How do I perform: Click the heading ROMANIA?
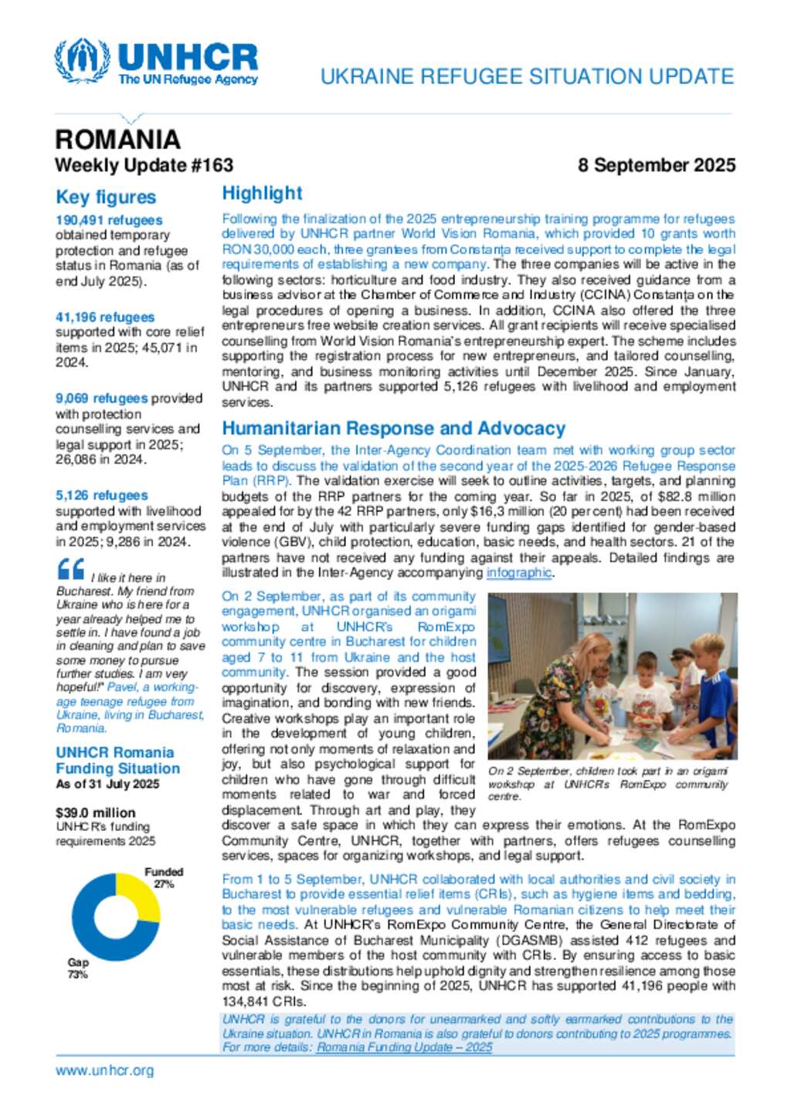pos(117,140)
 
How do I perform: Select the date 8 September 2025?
pos(656,165)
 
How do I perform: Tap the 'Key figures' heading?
pos(106,198)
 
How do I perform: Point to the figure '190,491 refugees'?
pos(109,221)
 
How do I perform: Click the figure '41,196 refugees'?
pos(105,317)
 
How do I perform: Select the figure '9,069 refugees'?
pos(101,398)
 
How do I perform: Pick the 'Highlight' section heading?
pos(262,194)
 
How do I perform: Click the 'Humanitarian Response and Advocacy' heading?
pos(393,429)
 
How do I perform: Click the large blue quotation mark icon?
pos(70,570)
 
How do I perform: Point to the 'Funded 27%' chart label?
pos(164,878)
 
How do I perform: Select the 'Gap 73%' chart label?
pos(78,968)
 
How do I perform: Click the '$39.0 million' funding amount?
pos(95,813)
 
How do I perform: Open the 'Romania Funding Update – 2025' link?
pos(404,1048)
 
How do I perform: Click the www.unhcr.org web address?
pos(104,1071)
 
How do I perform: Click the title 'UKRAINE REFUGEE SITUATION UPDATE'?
pos(527,76)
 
